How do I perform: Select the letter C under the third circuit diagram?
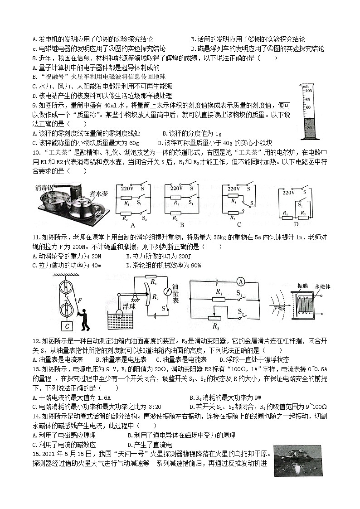pos(239,224)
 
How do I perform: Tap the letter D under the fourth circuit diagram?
pos(296,224)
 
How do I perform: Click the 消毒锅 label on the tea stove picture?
pos(45,187)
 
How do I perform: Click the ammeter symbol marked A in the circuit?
pos(241,282)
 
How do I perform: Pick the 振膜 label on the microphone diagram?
pos(302,286)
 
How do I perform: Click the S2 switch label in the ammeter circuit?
pos(243,312)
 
